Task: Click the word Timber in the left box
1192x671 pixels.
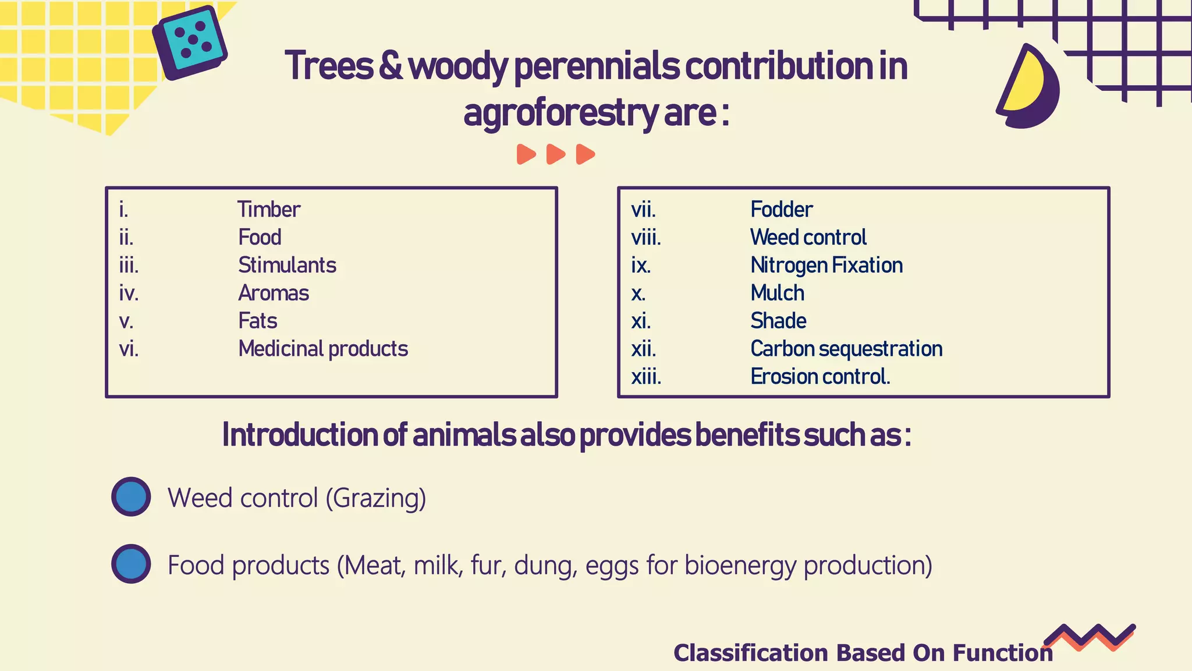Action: [x=269, y=210]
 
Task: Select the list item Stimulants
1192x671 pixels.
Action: [x=287, y=266]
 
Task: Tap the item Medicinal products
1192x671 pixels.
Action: [x=323, y=349]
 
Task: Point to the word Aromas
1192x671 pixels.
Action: [x=274, y=293]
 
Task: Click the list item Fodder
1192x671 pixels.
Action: [x=781, y=210]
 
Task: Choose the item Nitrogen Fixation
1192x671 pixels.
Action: [x=826, y=266]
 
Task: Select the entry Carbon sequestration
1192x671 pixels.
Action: [x=846, y=349]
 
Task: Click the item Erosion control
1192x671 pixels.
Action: [x=820, y=377]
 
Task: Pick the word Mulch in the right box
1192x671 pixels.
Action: [x=778, y=293]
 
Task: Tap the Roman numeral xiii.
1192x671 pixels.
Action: [x=646, y=377]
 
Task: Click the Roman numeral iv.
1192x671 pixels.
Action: [x=129, y=293]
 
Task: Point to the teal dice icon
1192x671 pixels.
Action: [x=190, y=43]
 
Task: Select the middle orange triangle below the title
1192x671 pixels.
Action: [x=556, y=154]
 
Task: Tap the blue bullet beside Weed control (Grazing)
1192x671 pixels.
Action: [x=132, y=497]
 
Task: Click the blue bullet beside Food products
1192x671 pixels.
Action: [x=132, y=564]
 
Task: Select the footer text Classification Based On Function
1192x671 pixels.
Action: [x=863, y=653]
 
